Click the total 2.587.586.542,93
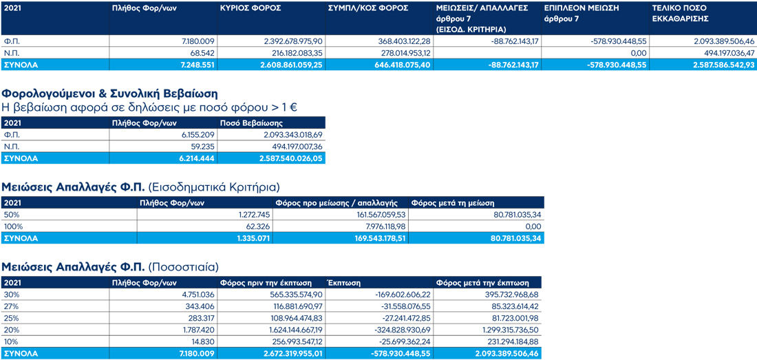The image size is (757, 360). [x=716, y=64]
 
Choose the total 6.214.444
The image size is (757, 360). [x=195, y=158]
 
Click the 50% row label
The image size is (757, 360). [x=12, y=215]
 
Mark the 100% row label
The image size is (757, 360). [x=13, y=226]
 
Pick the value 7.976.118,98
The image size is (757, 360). [x=377, y=226]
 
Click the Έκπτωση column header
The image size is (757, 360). [x=341, y=283]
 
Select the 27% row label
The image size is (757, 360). [x=12, y=306]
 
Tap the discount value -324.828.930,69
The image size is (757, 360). [x=401, y=330]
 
